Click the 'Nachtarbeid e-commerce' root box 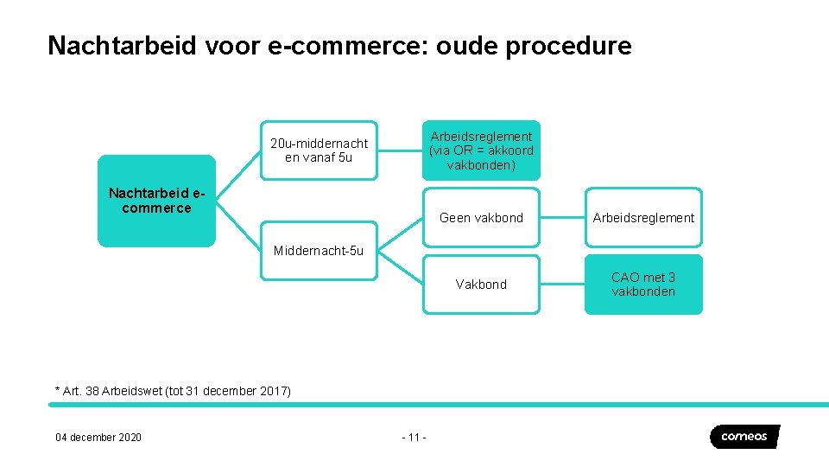pos(156,201)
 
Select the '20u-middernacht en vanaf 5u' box pos(319,150)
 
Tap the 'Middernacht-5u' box pos(319,251)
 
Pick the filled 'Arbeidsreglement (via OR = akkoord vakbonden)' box pos(481,150)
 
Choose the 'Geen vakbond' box pos(481,218)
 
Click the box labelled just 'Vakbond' pos(481,285)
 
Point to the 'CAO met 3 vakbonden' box pos(643,285)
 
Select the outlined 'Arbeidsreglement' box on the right pos(643,218)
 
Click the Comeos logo pos(744,437)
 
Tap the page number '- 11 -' pos(414,438)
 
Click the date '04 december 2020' pos(98,438)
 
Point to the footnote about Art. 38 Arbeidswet pos(174,391)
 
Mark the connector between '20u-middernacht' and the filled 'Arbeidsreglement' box pos(400,150)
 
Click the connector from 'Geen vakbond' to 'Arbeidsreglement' pos(562,218)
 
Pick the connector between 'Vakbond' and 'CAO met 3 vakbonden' pos(562,285)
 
